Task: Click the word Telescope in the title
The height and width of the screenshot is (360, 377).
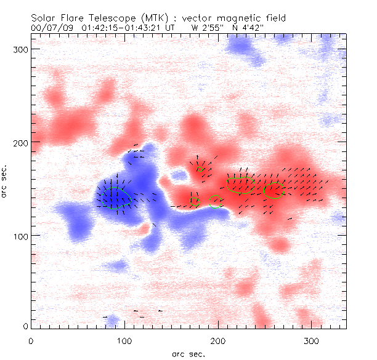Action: coord(112,18)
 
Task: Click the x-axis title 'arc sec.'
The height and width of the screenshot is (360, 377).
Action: coord(188,353)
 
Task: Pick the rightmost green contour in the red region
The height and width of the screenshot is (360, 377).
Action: coord(273,191)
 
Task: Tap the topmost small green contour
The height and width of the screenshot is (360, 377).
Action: coord(200,169)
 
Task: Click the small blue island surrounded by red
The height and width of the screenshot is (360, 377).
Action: coord(179,176)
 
